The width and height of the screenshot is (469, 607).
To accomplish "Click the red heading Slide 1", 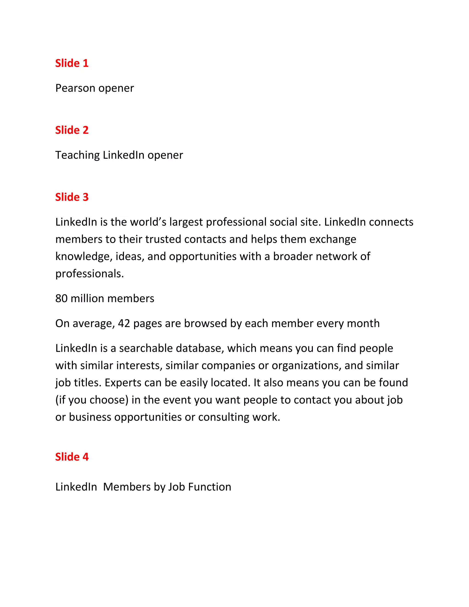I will [72, 63].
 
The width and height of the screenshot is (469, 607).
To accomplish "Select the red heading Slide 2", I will [72, 130].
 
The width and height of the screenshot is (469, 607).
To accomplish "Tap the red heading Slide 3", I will [72, 197].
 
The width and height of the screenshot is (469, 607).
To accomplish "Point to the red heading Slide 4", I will [72, 457].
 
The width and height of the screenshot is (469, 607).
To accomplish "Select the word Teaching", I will [78, 155].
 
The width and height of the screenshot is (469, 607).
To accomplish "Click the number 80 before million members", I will [61, 298].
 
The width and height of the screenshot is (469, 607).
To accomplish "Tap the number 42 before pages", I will [124, 323].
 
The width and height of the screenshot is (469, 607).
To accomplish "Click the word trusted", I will [163, 239].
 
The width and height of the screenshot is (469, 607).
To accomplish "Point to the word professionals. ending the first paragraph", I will [90, 274].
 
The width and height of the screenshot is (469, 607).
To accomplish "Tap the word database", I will [200, 348].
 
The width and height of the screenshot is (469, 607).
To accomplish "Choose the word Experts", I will [123, 383].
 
